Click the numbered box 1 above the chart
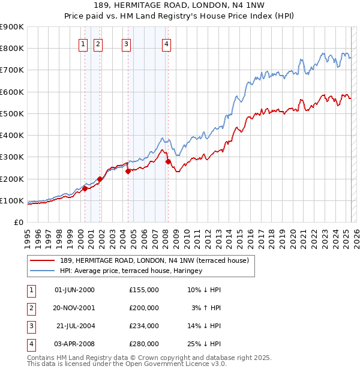[x=82, y=43]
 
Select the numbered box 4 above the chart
[x=166, y=43]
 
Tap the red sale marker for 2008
[x=168, y=161]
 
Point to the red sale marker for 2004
[x=128, y=171]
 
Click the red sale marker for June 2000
[x=85, y=188]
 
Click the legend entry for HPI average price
[x=131, y=271]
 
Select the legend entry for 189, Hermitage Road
[x=158, y=260]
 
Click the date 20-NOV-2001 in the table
[x=74, y=308]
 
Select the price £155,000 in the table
[x=144, y=290]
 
